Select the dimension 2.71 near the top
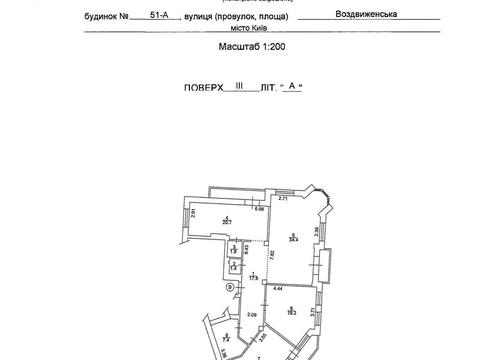283,200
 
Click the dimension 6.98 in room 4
257,208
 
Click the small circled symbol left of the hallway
230,288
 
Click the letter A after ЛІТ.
291,87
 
